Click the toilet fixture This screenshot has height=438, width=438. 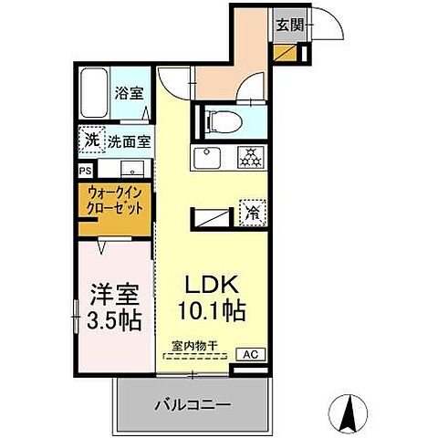(222, 120)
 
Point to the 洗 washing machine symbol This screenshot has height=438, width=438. (92, 141)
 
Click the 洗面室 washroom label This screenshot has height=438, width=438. (130, 141)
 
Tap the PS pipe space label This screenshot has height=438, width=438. (85, 170)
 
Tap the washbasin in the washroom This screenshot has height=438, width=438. (131, 168)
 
